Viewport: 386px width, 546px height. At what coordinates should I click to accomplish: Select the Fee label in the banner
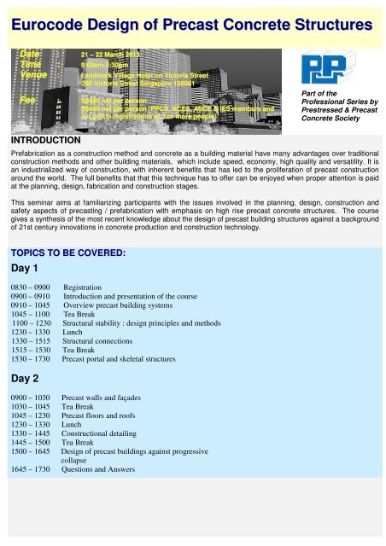29,100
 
